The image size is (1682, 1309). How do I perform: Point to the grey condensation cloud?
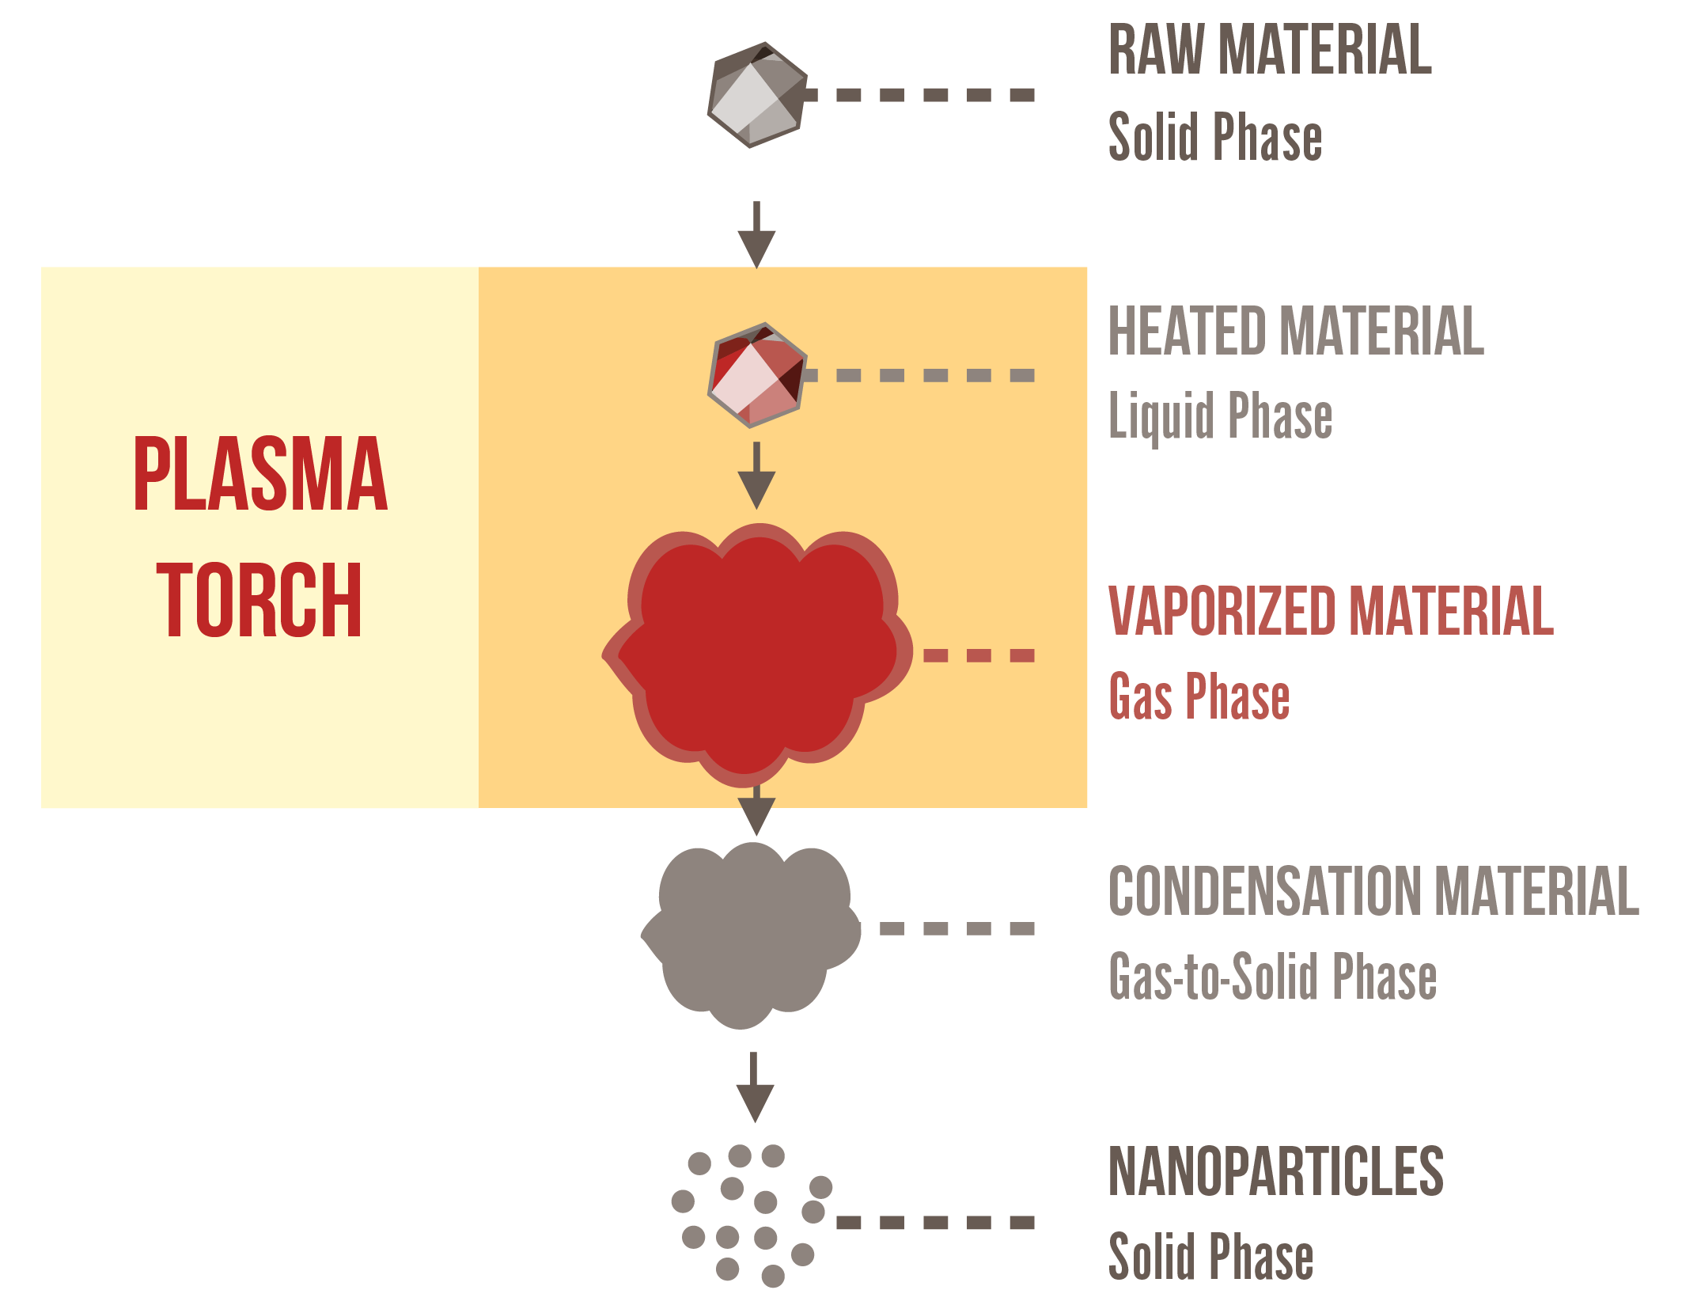pos(752,934)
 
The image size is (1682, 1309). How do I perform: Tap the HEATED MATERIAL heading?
pos(1296,331)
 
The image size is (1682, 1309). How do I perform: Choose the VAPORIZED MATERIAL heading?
pos(1331,611)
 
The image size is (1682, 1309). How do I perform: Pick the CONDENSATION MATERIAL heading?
pos(1373,891)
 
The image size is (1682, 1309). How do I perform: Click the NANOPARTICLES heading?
pos(1275,1172)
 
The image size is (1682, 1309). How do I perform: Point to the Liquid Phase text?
pos(1220,416)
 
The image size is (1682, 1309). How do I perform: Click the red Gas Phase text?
pos(1199,696)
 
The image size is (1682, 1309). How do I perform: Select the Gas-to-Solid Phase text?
pos(1272,977)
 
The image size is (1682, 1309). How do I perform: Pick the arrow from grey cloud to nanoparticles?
pos(755,1088)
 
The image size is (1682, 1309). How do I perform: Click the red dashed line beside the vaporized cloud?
pos(979,655)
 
